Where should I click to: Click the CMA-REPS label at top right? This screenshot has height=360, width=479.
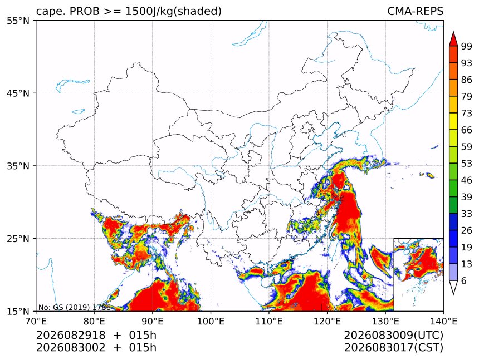click(415, 11)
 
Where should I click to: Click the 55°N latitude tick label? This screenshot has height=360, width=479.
click(18, 21)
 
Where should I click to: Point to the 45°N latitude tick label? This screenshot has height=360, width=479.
click(18, 93)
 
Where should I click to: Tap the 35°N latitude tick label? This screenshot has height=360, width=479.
click(18, 166)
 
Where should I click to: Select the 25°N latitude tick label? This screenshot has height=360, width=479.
click(18, 238)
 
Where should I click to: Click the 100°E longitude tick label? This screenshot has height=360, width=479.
click(211, 321)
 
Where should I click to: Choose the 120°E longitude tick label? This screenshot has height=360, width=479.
click(327, 321)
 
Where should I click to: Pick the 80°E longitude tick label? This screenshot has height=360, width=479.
click(94, 321)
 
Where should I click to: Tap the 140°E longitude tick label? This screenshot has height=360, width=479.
click(443, 321)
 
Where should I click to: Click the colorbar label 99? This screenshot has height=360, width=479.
click(467, 46)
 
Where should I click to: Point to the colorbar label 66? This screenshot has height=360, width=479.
click(467, 130)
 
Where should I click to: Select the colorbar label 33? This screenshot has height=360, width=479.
click(467, 214)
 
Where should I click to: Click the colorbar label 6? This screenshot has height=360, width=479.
click(464, 280)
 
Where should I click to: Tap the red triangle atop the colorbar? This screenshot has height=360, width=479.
click(453, 40)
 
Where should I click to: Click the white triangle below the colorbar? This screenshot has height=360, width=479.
click(453, 287)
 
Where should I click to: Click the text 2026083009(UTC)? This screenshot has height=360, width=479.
click(393, 335)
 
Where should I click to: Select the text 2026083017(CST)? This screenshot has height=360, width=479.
click(393, 348)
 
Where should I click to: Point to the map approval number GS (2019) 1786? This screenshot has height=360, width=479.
click(82, 307)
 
